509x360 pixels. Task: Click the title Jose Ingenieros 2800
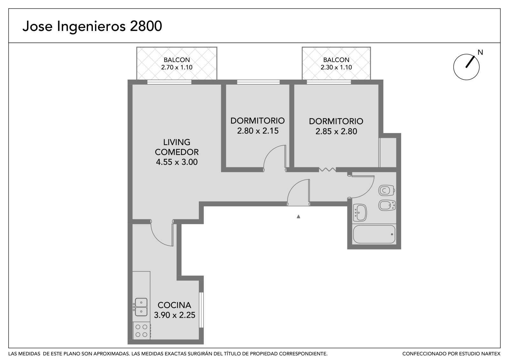(92, 26)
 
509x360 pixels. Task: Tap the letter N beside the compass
(480, 52)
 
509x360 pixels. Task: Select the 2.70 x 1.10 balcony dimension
(177, 67)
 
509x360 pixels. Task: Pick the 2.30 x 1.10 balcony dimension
(336, 67)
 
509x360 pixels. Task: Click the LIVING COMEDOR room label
(177, 147)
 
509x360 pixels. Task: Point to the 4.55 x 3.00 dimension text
(177, 162)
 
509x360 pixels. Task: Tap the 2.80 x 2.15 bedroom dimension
(258, 131)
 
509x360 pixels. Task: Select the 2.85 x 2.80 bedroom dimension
(336, 131)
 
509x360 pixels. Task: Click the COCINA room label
(174, 305)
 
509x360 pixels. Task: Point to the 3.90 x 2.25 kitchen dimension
(175, 315)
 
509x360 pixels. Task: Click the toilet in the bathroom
(387, 190)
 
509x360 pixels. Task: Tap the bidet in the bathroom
(387, 205)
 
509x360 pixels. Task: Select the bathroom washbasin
(360, 213)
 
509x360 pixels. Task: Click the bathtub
(374, 235)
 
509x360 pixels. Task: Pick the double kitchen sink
(141, 307)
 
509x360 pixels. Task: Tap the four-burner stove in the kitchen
(142, 331)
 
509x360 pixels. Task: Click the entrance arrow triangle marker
(298, 216)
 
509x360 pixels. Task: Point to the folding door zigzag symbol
(327, 169)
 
